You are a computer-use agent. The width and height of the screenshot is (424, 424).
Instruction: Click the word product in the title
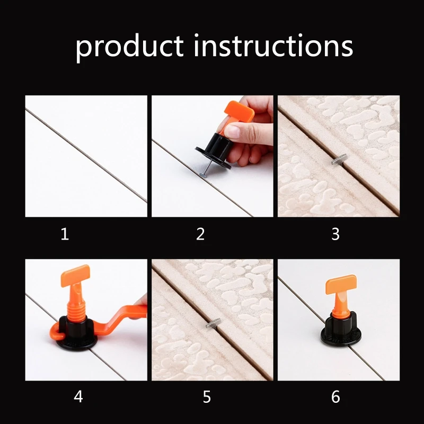tap(129, 47)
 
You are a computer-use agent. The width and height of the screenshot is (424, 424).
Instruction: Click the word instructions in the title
tap(273, 45)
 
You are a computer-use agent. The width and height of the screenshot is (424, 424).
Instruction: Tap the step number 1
tap(65, 234)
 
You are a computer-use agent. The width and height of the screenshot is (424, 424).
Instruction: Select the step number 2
tap(200, 234)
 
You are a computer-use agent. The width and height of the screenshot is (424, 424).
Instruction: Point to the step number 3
tap(335, 234)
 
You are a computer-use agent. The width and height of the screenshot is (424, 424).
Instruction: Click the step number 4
tap(78, 396)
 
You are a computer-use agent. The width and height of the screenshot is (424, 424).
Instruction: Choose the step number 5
tap(207, 397)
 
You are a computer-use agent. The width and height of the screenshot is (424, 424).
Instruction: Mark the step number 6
tap(335, 397)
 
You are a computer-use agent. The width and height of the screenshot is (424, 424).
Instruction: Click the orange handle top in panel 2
tap(239, 111)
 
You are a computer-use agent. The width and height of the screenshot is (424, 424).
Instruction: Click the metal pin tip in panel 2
tap(203, 175)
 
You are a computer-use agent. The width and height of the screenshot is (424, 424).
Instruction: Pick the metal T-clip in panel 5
tap(214, 323)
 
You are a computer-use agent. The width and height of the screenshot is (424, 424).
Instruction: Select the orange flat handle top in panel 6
tap(341, 285)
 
